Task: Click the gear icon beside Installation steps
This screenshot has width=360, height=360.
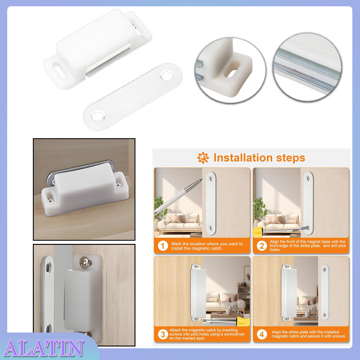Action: pos(203,157)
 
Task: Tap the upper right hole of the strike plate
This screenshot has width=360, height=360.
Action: pos(169,72)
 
